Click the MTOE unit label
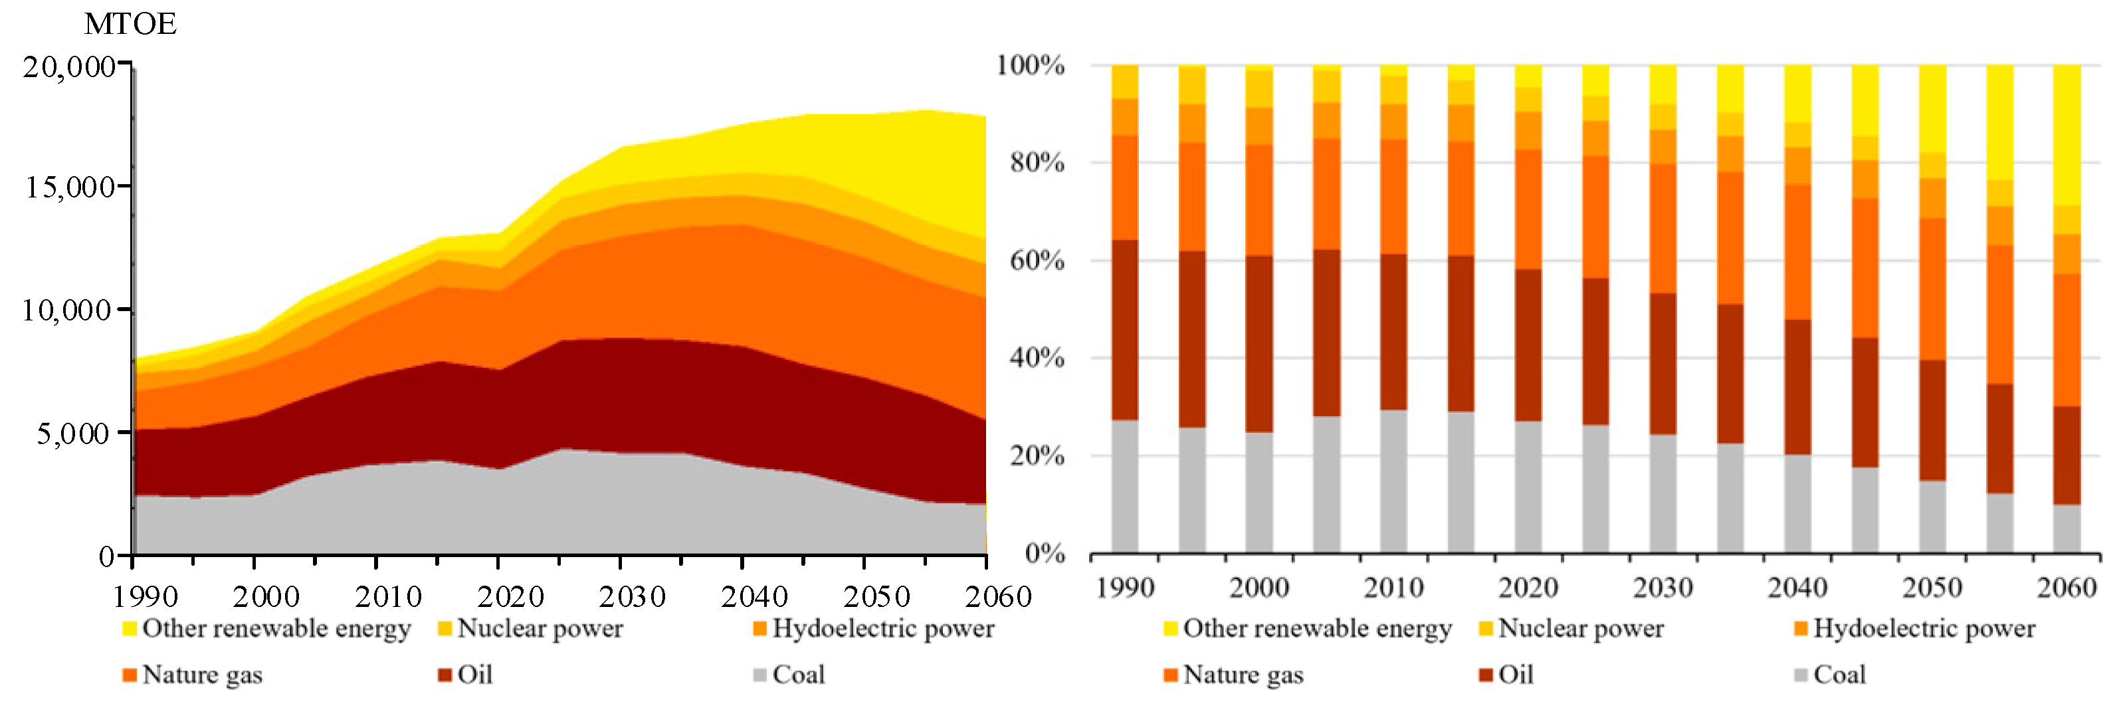click(x=130, y=23)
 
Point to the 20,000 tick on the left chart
click(x=69, y=66)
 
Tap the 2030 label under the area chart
click(x=632, y=596)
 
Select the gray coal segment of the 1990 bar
click(x=1124, y=487)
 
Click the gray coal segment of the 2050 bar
click(x=1932, y=516)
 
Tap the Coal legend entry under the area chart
click(x=797, y=674)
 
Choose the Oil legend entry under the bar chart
click(x=1514, y=674)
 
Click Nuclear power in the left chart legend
click(x=539, y=628)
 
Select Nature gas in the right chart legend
click(x=1242, y=674)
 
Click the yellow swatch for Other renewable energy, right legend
click(x=1171, y=628)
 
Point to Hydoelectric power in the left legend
click(x=882, y=628)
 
